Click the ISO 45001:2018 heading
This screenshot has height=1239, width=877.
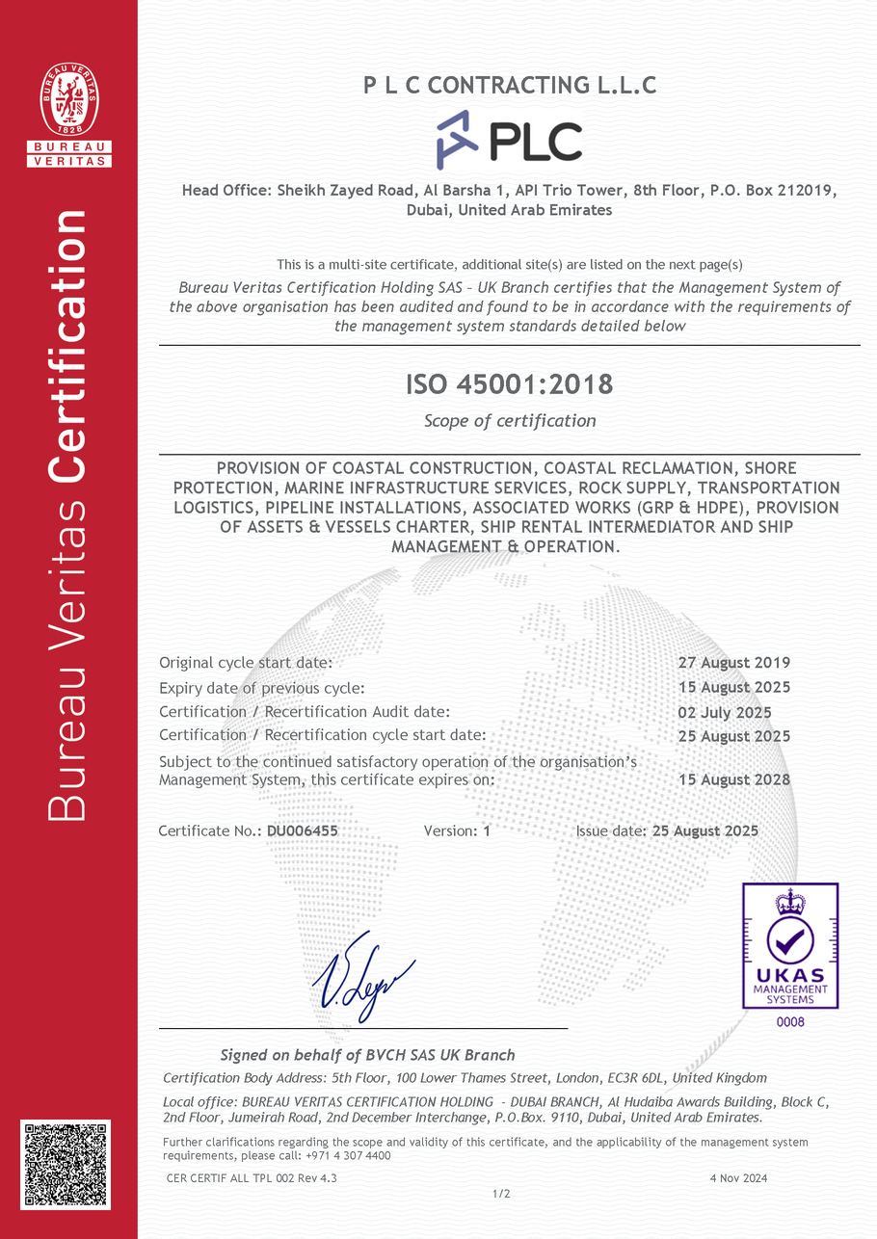509,384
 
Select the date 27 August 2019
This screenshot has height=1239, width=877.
734,663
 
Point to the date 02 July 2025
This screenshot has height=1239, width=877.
725,713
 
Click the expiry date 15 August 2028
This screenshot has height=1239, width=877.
734,779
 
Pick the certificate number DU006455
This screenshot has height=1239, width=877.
303,830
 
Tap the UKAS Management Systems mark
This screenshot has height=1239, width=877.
789,945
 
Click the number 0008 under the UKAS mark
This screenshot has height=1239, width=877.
789,1022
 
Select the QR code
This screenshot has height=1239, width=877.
66,1164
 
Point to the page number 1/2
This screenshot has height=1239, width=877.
501,1195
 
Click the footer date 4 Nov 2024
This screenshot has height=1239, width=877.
738,1177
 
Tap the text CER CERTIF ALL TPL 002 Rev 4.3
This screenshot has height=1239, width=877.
252,1177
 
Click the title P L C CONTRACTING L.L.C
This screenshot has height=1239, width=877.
510,86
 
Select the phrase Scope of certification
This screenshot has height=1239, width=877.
510,421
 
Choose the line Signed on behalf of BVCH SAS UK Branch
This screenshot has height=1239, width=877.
367,1055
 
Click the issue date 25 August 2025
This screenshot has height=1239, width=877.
704,830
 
